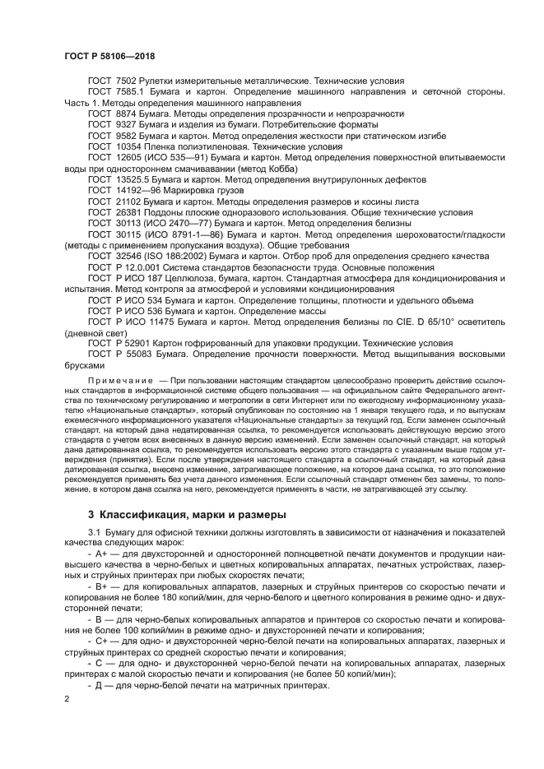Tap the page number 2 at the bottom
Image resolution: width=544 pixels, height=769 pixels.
[x=67, y=698]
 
